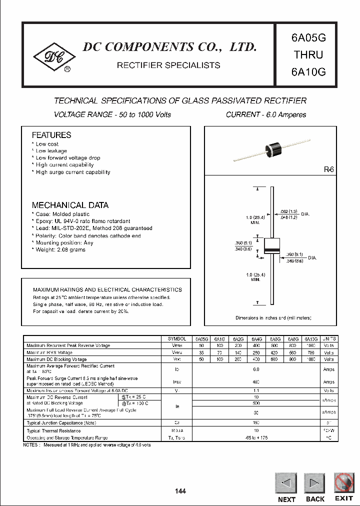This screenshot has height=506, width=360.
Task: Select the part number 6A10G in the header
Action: pyautogui.click(x=307, y=71)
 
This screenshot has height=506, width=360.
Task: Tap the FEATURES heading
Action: pyautogui.click(x=51, y=135)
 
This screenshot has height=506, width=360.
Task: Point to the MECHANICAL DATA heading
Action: pyautogui.click(x=70, y=205)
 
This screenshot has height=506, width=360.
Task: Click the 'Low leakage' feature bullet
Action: pyautogui.click(x=51, y=150)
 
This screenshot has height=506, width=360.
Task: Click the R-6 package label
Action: pyautogui.click(x=328, y=170)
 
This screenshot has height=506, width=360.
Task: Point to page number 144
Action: pyautogui.click(x=180, y=491)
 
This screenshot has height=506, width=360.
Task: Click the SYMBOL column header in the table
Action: pyautogui.click(x=177, y=338)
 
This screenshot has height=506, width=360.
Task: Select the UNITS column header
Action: pyautogui.click(x=329, y=338)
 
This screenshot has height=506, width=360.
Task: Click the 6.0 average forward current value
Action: pyautogui.click(x=256, y=369)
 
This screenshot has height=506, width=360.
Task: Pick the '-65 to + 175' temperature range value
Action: pyautogui.click(x=256, y=437)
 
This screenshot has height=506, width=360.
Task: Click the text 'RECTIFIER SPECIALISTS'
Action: pyautogui.click(x=168, y=65)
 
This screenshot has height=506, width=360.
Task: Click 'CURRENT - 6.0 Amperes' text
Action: pyautogui.click(x=266, y=114)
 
